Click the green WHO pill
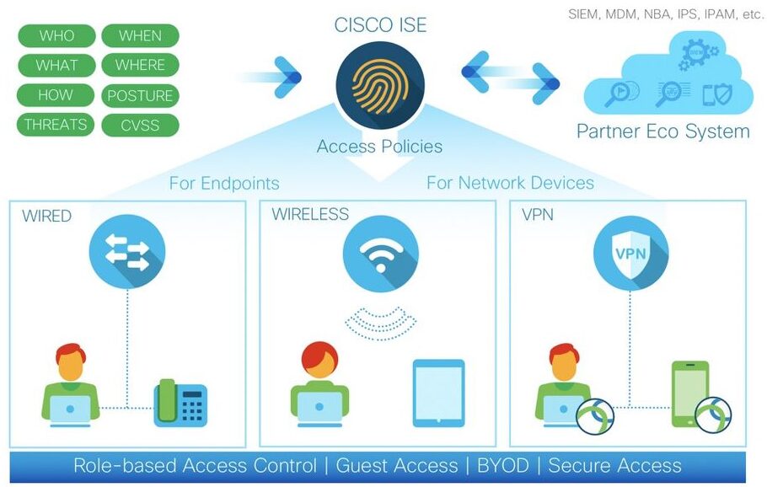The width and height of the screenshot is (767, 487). pyautogui.click(x=56, y=35)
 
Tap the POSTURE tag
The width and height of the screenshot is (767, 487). pyautogui.click(x=140, y=95)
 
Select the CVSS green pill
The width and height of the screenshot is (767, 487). pyautogui.click(x=140, y=125)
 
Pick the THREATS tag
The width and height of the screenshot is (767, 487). pyautogui.click(x=56, y=125)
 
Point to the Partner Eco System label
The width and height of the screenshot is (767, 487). pyautogui.click(x=662, y=131)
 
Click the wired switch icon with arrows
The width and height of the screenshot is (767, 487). pyautogui.click(x=127, y=251)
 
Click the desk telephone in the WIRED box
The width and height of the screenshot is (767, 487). pyautogui.click(x=180, y=402)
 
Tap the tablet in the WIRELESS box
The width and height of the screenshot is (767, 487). pyautogui.click(x=438, y=393)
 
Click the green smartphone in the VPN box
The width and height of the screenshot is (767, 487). pyautogui.click(x=689, y=393)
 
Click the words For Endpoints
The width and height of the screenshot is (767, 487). pyautogui.click(x=224, y=183)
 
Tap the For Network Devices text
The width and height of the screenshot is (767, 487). pyautogui.click(x=510, y=183)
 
